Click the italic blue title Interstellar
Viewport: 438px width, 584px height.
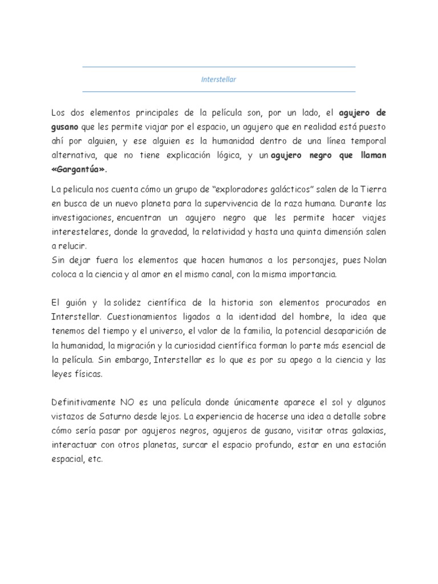pyautogui.click(x=219, y=79)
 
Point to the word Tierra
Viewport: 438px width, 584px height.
pyautogui.click(x=371, y=189)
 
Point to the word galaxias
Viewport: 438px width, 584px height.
pyautogui.click(x=367, y=431)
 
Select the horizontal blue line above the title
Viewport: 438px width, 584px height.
pyautogui.click(x=219, y=67)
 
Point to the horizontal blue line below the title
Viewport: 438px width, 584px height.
pyautogui.click(x=219, y=91)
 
